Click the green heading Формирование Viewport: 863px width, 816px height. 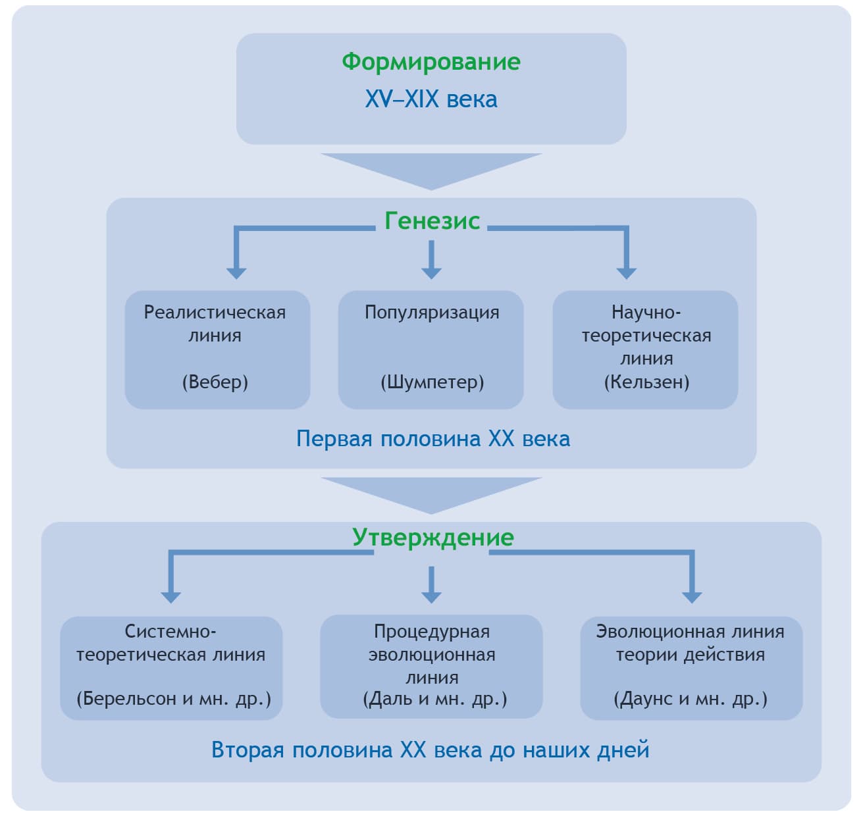431,62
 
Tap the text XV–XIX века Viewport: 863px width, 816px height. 431,99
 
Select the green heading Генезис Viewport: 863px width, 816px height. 432,221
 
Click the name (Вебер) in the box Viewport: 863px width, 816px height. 215,382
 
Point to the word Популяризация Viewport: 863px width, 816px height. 432,312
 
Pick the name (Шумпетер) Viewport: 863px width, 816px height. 432,382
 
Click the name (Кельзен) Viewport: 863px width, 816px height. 646,382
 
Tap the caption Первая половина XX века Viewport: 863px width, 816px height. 432,438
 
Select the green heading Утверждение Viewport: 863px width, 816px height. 432,537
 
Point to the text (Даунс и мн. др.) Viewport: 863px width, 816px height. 691,698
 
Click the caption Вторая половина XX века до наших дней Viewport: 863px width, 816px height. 430,750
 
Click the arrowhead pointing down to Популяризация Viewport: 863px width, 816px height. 431,270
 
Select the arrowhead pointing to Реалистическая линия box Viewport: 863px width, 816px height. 236,271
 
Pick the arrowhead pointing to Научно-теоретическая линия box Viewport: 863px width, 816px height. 626,271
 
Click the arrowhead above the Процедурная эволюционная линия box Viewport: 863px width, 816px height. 431,596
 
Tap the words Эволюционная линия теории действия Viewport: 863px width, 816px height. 690,643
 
